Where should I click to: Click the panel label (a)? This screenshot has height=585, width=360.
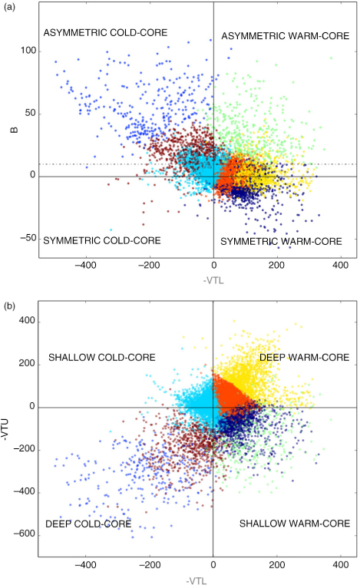click(9, 7)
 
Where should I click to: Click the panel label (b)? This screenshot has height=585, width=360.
click(9, 306)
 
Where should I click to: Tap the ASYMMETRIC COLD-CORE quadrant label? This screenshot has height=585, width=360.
click(105, 33)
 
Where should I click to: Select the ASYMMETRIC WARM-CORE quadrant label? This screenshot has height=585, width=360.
click(286, 36)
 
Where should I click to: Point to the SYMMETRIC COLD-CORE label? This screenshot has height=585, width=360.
click(102, 240)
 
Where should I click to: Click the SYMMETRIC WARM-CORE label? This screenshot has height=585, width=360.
click(281, 241)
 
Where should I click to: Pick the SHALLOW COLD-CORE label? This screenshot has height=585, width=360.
click(102, 358)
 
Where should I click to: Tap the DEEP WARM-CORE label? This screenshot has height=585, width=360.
click(305, 358)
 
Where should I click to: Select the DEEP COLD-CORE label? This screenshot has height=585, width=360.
click(88, 524)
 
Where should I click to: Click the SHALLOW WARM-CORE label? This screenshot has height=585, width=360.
click(295, 524)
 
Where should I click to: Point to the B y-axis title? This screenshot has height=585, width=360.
click(15, 130)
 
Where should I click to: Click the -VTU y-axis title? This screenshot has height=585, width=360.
click(5, 429)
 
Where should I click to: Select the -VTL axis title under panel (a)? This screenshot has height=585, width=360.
click(213, 280)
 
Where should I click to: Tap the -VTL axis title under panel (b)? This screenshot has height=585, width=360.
click(197, 580)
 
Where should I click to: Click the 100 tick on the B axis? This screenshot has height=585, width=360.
click(28, 51)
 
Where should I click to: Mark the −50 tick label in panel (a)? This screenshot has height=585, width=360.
click(28, 238)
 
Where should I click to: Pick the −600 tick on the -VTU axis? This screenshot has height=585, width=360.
click(25, 534)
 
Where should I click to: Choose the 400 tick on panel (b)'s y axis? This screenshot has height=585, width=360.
click(27, 320)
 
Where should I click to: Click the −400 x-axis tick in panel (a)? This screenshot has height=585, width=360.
click(85, 266)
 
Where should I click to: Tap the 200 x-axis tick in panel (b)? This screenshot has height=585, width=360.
click(277, 564)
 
